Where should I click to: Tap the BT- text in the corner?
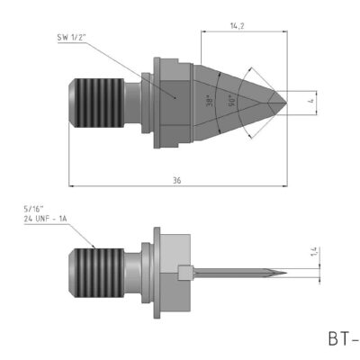[x=343, y=339]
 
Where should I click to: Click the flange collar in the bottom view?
[x=158, y=269]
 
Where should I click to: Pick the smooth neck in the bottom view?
[x=135, y=269]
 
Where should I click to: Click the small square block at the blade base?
[x=185, y=272]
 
